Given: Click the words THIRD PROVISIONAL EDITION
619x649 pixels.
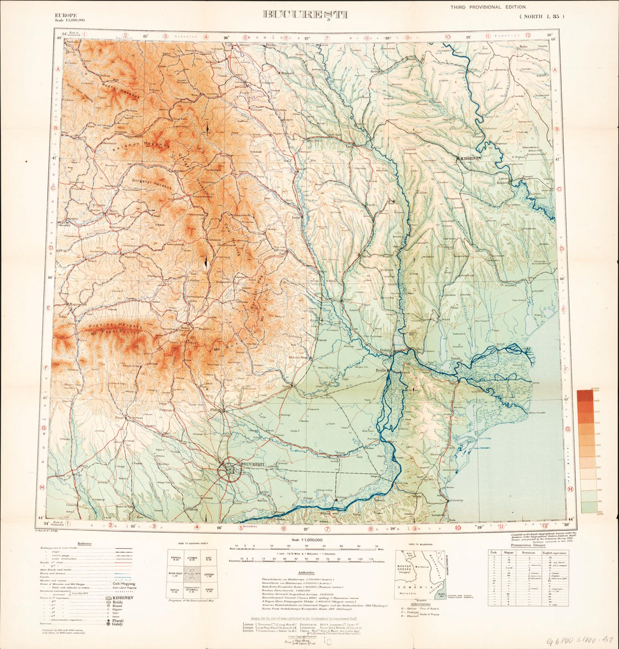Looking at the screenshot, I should click(x=488, y=7).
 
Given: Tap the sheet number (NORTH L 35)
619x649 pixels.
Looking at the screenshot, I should click(x=540, y=17).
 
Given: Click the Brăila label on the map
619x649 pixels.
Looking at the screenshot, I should click(x=383, y=372).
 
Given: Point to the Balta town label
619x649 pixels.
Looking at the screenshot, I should click(x=524, y=47).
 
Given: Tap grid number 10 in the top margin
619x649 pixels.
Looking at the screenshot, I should click(x=447, y=38).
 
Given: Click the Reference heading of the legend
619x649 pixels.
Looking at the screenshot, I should click(x=85, y=543).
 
